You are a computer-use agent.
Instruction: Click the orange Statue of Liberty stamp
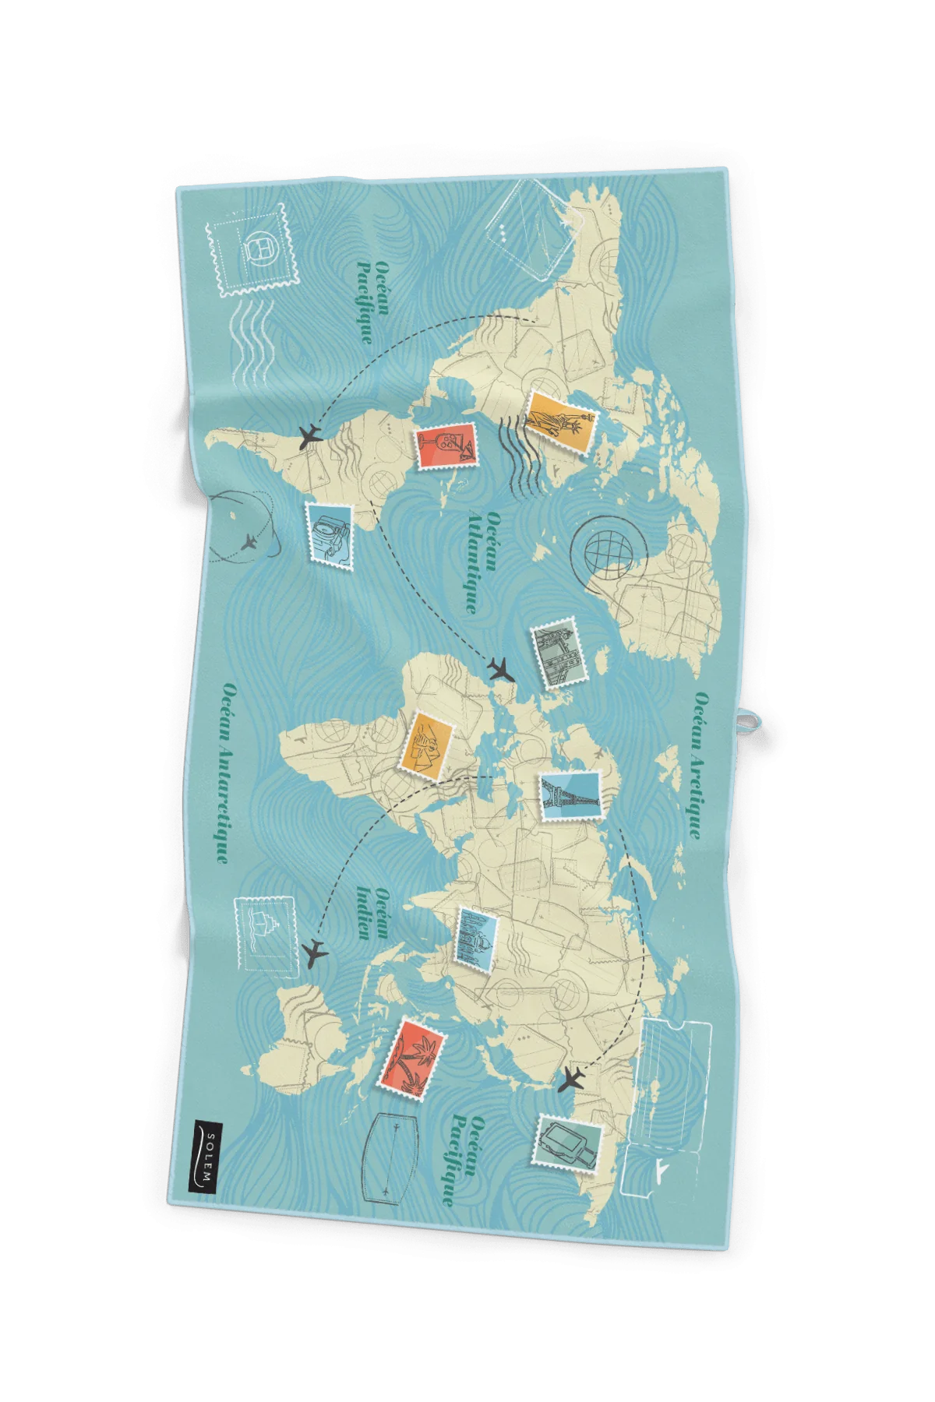pos(560,421)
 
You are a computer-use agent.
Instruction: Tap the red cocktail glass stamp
pos(446,446)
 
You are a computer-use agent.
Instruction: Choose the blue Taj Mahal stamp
pos(476,939)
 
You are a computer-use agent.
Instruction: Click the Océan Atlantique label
pos(483,562)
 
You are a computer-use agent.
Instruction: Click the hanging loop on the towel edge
pos(750,719)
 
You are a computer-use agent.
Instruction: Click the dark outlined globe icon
pos(609,549)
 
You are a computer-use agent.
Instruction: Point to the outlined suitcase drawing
pos(390,1158)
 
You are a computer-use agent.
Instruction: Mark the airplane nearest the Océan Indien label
pos(314,952)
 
